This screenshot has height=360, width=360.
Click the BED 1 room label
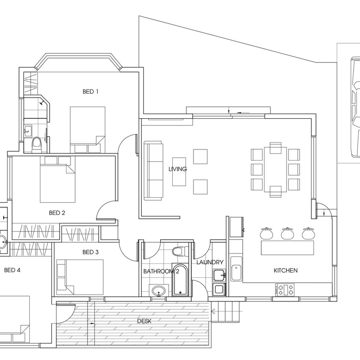(90, 91)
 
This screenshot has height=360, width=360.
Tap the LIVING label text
(178, 169)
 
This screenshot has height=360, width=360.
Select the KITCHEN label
(286, 270)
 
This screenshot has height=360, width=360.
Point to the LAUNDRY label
(210, 262)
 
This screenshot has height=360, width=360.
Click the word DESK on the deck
(144, 321)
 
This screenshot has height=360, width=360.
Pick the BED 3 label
(90, 252)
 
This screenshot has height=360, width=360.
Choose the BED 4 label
(12, 270)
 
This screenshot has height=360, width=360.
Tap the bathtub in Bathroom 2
(180, 280)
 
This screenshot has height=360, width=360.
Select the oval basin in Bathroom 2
(159, 291)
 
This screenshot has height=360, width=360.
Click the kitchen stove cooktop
(285, 289)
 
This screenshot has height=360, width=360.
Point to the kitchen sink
(236, 273)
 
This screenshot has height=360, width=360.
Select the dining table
(276, 169)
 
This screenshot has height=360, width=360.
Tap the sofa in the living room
(154, 171)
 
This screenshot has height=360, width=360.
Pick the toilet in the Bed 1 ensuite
(36, 145)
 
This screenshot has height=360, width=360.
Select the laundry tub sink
(220, 275)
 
